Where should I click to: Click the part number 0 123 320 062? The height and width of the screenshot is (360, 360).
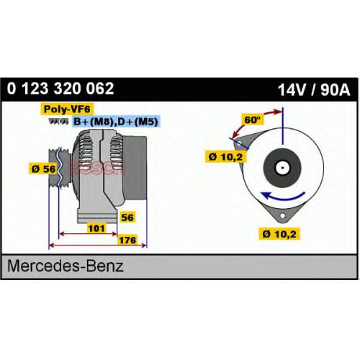click(x=60, y=89)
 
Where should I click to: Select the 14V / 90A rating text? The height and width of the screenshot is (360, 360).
click(x=314, y=90)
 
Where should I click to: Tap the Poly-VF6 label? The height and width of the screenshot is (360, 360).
click(x=67, y=109)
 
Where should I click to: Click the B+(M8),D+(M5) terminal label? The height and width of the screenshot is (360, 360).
click(x=116, y=122)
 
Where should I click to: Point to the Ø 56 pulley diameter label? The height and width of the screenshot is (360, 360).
click(x=43, y=168)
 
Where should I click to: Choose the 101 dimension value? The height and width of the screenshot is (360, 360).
click(x=96, y=228)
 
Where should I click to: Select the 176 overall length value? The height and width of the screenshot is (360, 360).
click(x=127, y=240)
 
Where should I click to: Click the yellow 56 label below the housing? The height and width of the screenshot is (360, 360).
click(x=127, y=217)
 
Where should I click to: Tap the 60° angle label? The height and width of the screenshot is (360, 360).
click(x=253, y=120)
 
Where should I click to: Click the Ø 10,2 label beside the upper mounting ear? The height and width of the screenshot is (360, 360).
click(x=226, y=157)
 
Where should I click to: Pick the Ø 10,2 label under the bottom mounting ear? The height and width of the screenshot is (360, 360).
click(x=279, y=234)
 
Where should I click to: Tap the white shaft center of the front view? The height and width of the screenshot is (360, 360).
click(x=282, y=168)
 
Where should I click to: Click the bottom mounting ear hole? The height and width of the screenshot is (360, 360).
click(x=283, y=216)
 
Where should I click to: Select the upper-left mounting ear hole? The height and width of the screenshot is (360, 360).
click(x=239, y=144)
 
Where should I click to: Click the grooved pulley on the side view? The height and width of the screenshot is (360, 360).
click(x=59, y=167)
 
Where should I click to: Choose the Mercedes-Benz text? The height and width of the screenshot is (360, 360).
click(x=66, y=266)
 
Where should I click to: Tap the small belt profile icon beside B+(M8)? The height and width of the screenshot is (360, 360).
click(x=58, y=121)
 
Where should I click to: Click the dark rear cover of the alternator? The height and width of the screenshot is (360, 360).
click(x=135, y=168)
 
